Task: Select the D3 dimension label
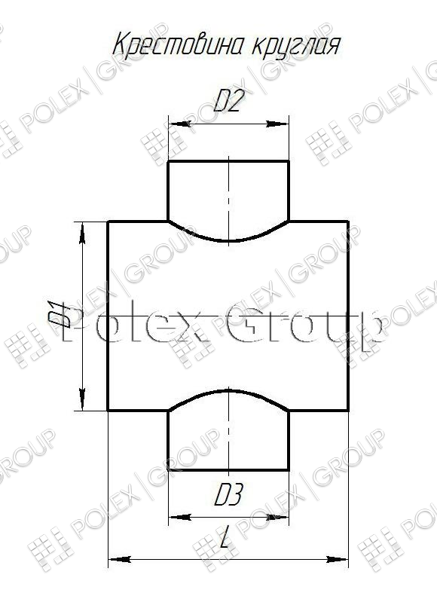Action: pos(228,495)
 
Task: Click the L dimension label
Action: pos(226,536)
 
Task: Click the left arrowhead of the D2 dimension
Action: pos(179,124)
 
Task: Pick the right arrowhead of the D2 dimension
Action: pos(278,124)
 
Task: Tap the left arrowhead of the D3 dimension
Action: pos(179,517)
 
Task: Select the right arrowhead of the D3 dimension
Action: pos(278,517)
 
